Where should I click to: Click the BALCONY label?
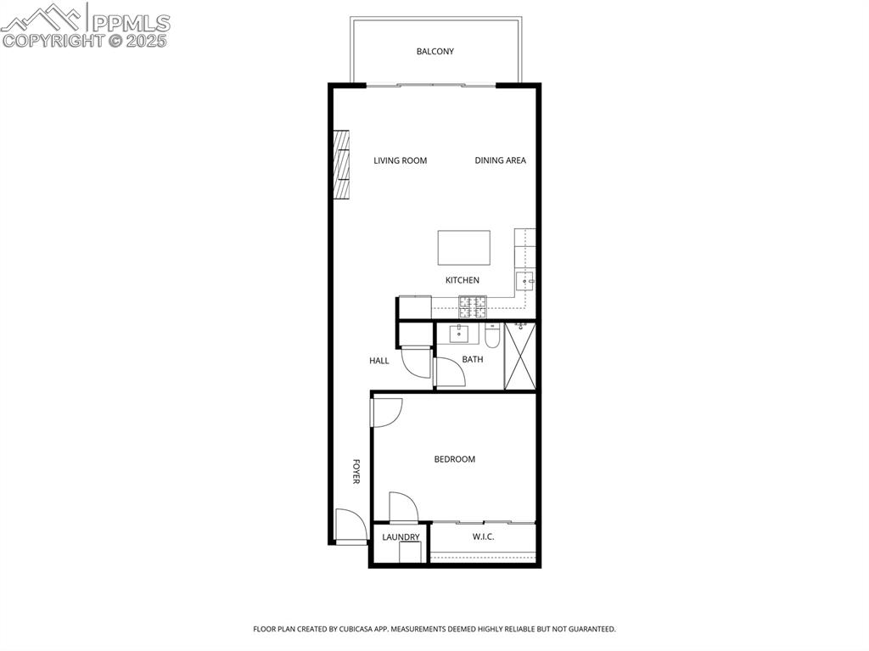point(434,52)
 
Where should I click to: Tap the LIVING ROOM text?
point(400,160)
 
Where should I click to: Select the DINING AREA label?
point(500,160)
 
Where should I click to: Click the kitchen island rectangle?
point(463,248)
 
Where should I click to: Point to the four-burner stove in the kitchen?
point(473,306)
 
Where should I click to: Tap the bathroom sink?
point(460,333)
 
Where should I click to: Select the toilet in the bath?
point(492,336)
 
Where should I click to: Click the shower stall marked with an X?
point(519,356)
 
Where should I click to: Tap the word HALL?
point(378,361)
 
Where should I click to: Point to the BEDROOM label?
point(454,459)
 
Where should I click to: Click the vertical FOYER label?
point(356,471)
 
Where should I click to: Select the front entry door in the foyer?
point(349,526)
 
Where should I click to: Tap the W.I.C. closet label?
point(483,537)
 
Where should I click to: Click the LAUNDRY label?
point(401,537)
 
